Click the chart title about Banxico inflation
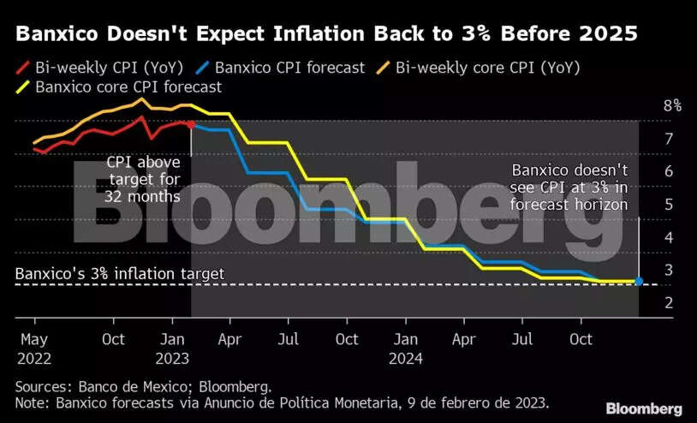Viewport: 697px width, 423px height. [326, 34]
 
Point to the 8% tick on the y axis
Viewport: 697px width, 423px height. [672, 106]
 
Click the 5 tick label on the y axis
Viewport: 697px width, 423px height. [667, 205]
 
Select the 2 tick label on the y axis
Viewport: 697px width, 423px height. [667, 303]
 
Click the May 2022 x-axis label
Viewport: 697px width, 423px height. [34, 348]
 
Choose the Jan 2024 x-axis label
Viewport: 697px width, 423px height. [406, 348]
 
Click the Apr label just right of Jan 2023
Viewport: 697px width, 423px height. [229, 339]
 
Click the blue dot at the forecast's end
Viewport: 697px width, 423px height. [639, 281]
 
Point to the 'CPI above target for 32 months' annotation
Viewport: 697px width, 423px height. [143, 179]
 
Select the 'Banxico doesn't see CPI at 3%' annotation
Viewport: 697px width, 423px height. [569, 188]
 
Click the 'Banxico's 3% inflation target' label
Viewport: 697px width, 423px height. [120, 274]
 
